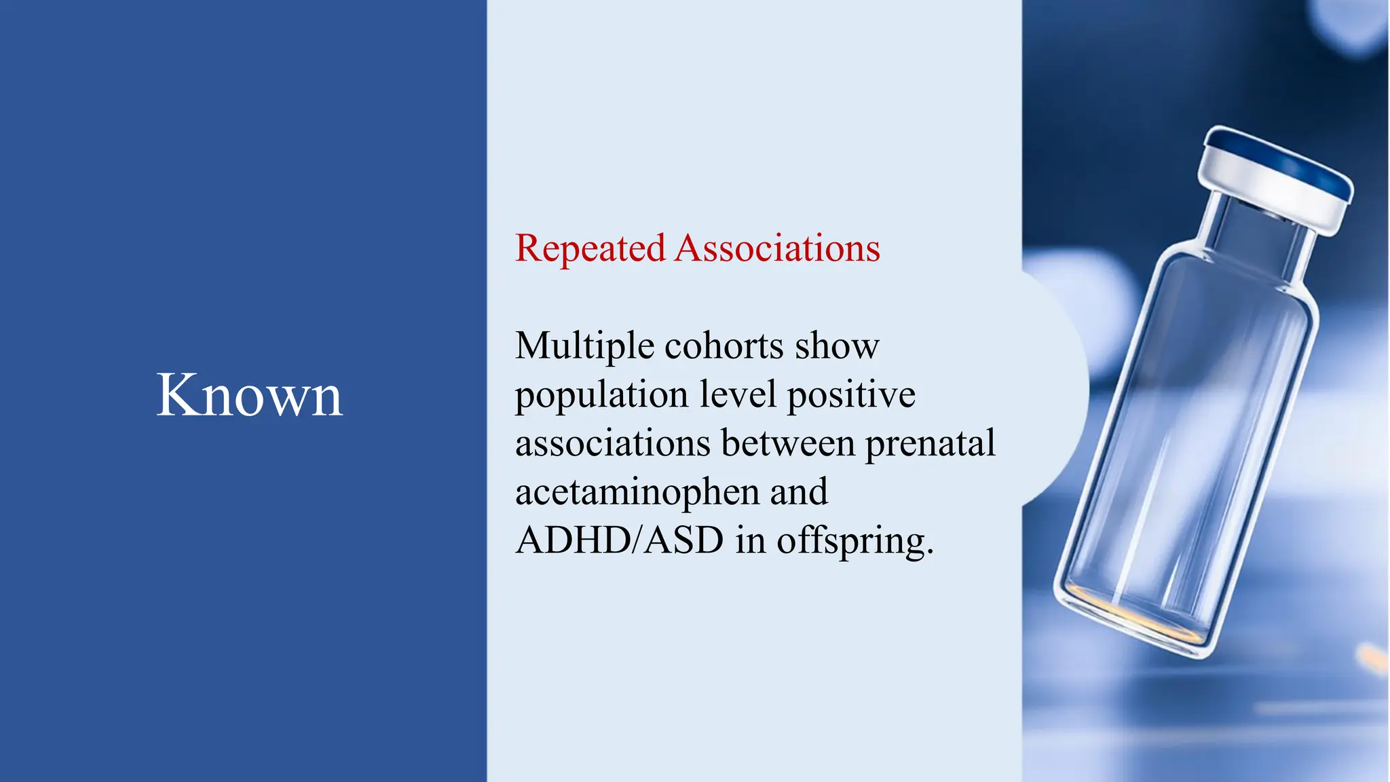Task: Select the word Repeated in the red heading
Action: coord(590,248)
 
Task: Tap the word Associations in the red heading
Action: coord(777,248)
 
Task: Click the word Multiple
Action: coord(584,346)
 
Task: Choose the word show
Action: coord(837,346)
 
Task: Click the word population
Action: coord(601,396)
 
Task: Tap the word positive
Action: coord(851,394)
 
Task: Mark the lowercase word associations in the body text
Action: coord(612,443)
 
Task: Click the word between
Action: coord(788,443)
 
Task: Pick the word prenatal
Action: coord(930,445)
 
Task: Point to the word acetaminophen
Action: coord(637,493)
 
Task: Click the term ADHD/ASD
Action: coord(620,541)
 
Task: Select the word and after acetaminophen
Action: coord(799,492)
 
